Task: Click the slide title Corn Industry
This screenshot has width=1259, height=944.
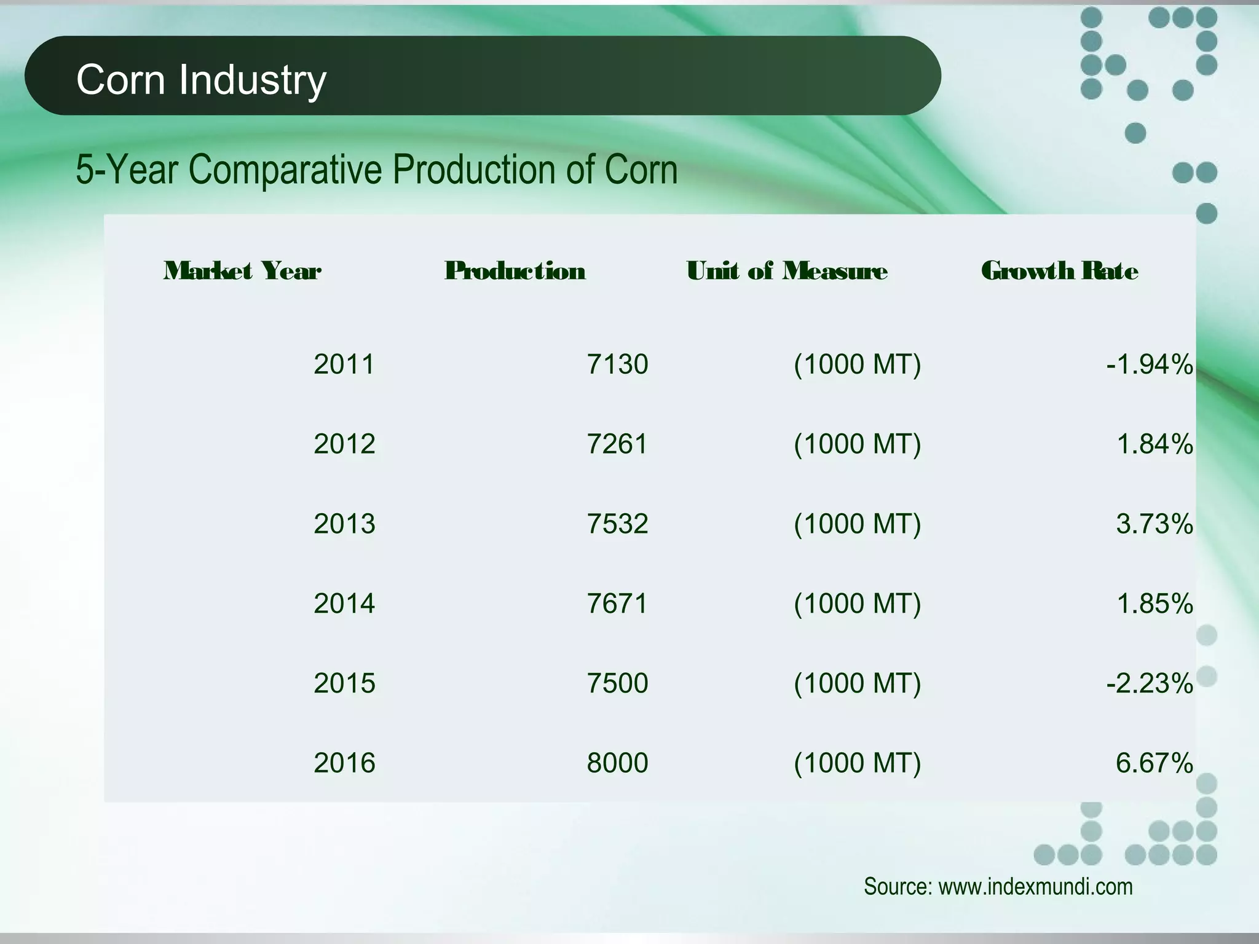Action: tap(201, 79)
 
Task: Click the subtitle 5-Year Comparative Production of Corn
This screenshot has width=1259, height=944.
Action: tap(376, 169)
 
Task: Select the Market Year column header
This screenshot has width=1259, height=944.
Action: tap(242, 271)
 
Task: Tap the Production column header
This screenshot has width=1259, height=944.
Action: tap(515, 271)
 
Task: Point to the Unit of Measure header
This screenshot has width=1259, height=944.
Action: tap(787, 271)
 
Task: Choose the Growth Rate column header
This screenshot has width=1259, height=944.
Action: tap(1060, 271)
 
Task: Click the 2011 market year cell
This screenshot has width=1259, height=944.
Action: tap(344, 364)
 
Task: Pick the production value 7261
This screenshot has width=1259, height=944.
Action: tap(617, 444)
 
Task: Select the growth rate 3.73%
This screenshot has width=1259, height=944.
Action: tap(1154, 524)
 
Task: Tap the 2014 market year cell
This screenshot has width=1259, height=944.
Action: tap(344, 604)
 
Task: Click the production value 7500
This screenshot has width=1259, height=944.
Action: tap(617, 683)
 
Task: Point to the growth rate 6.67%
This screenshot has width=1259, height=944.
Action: tap(1154, 763)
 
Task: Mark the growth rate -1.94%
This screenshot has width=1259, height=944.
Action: tap(1150, 364)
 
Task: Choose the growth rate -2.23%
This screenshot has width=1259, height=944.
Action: tap(1150, 683)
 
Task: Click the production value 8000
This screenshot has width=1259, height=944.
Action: tap(617, 763)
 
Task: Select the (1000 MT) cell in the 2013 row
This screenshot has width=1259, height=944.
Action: tap(858, 524)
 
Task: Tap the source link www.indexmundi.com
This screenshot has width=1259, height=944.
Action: tap(1035, 886)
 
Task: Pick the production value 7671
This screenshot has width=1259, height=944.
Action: tap(617, 604)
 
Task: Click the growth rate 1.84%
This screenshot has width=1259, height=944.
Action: tap(1154, 444)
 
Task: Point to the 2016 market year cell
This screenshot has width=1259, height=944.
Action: tap(344, 763)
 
